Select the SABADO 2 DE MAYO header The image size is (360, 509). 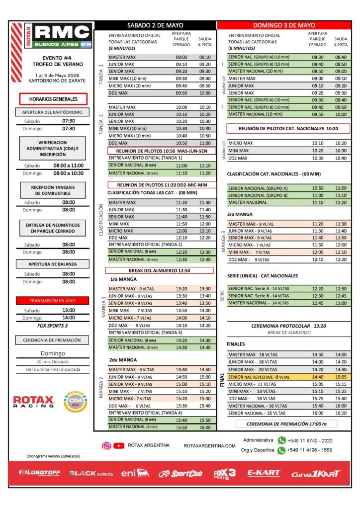(155, 25)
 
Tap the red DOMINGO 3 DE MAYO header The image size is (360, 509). (283, 25)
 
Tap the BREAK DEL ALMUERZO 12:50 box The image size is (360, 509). (160, 270)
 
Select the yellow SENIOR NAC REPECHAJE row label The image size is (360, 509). (259, 377)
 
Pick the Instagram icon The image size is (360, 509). (106, 445)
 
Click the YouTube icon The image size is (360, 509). (118, 445)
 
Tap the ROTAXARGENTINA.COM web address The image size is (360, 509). (209, 446)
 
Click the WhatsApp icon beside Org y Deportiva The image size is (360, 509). (282, 450)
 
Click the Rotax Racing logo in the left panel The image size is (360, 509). (33, 402)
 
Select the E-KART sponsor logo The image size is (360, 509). (264, 474)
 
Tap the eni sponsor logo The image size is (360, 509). (135, 474)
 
